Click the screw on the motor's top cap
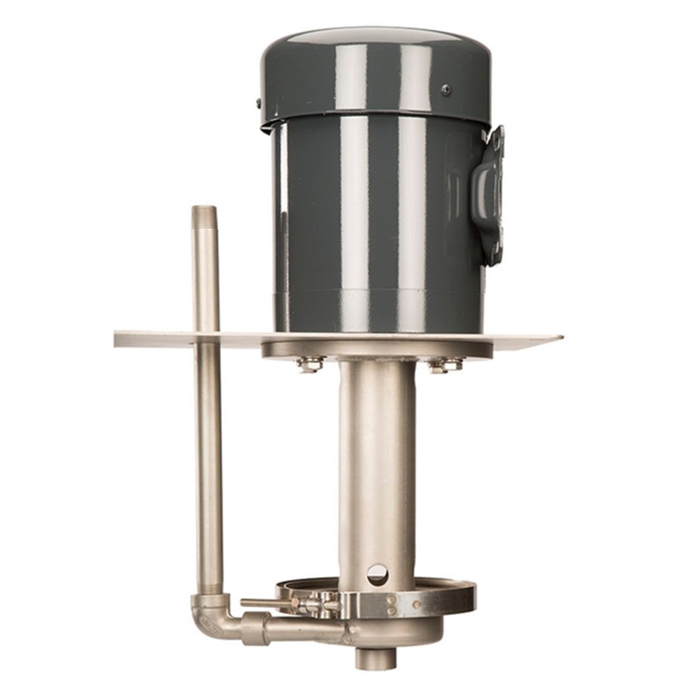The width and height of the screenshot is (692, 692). pos(445,89)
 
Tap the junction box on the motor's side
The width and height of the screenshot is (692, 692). pos(490,195)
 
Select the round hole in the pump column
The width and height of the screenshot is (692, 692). pos(377,573)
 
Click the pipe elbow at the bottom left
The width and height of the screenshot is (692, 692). pos(209,616)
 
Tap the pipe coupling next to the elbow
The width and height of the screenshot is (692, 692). pos(256,628)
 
